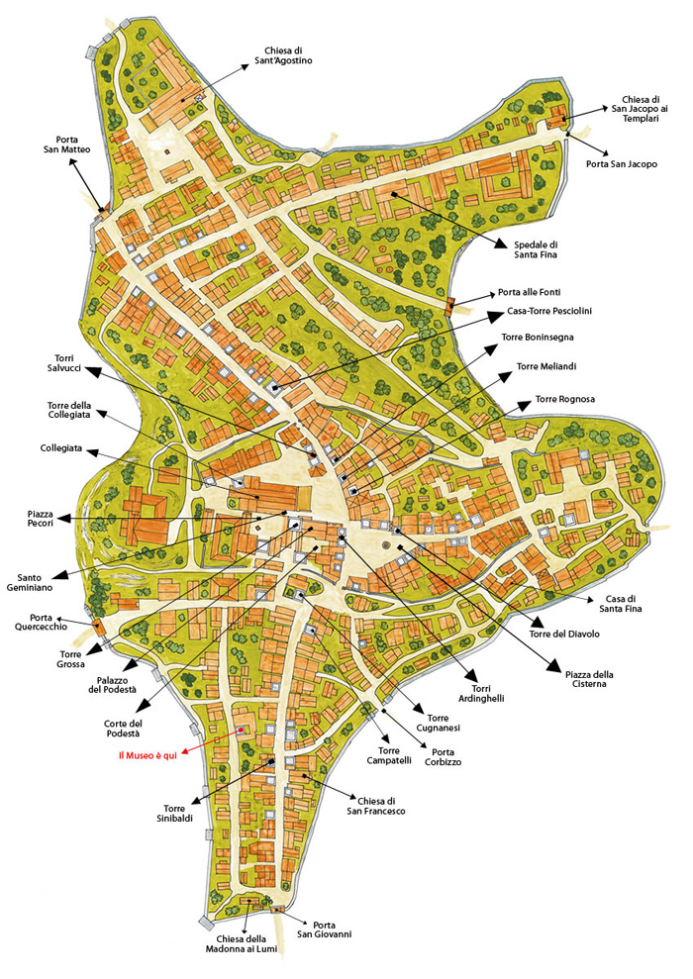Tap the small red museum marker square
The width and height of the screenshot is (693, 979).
tap(241, 731)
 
